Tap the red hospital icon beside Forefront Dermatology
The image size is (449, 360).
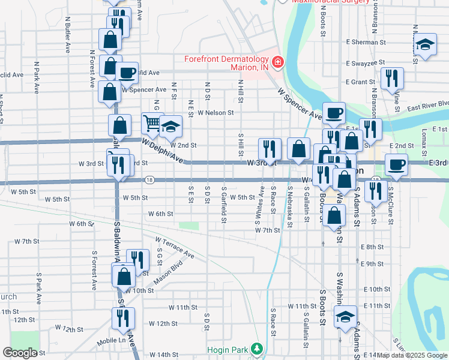[x=277, y=62]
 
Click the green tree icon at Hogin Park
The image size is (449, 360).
[x=257, y=349]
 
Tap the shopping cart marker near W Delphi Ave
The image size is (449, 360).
[x=152, y=124]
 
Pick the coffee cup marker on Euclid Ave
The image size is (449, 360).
[x=127, y=73]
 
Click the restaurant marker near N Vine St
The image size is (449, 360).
[x=391, y=78]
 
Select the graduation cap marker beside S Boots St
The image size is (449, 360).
[x=345, y=316]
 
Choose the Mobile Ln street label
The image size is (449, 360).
[x=113, y=340]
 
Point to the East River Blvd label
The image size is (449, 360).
[x=428, y=106]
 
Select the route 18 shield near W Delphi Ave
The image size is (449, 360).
[x=149, y=179]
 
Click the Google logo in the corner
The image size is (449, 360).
[x=20, y=353]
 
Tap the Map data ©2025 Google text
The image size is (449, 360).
[x=412, y=355]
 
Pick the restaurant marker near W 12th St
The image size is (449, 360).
[x=123, y=318]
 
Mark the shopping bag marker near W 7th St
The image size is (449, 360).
[x=336, y=216]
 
